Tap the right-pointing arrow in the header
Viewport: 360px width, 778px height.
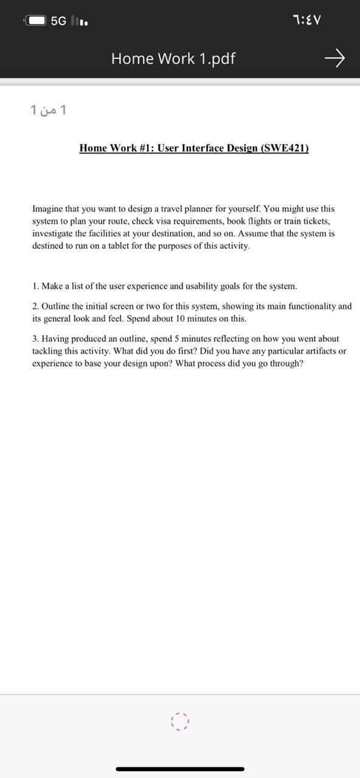(x=334, y=58)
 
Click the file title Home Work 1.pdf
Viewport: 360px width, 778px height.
(x=173, y=58)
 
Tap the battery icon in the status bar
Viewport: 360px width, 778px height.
(x=36, y=21)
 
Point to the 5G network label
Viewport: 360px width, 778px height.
(x=58, y=21)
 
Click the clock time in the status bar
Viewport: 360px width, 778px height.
(x=307, y=20)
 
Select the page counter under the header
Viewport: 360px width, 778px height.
(x=48, y=110)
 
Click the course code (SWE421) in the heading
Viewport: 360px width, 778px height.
(x=285, y=148)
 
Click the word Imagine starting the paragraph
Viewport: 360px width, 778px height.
(x=48, y=208)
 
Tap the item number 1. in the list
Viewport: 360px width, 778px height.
(x=36, y=286)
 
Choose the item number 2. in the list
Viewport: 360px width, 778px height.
(x=36, y=306)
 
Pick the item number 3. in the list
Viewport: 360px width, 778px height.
(x=36, y=339)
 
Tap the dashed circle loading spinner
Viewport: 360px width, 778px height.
(x=180, y=721)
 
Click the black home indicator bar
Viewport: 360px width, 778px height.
(x=180, y=769)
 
